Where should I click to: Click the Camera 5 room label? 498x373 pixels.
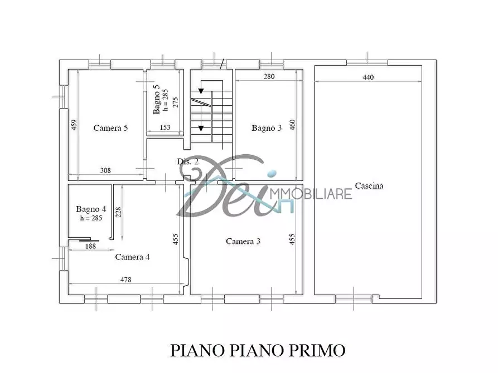[x=110, y=128]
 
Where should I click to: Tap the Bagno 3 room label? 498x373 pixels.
[x=266, y=128]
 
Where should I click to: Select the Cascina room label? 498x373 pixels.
[x=369, y=186]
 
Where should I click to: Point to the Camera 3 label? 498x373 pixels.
[x=243, y=241]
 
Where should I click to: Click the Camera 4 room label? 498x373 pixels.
[x=132, y=257]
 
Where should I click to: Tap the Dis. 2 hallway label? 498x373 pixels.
[x=188, y=161]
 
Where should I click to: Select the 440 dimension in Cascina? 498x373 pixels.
[x=368, y=77]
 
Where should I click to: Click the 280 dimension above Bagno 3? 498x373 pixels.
[x=269, y=77]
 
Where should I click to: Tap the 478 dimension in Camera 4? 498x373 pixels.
[x=125, y=279]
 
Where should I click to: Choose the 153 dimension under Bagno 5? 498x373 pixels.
[x=166, y=127]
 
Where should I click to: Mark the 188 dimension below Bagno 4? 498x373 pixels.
[x=90, y=246]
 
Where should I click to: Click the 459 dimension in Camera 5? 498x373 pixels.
[x=74, y=126]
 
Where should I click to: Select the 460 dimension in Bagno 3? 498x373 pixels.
[x=293, y=126]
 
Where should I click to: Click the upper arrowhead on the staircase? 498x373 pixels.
[x=201, y=91]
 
